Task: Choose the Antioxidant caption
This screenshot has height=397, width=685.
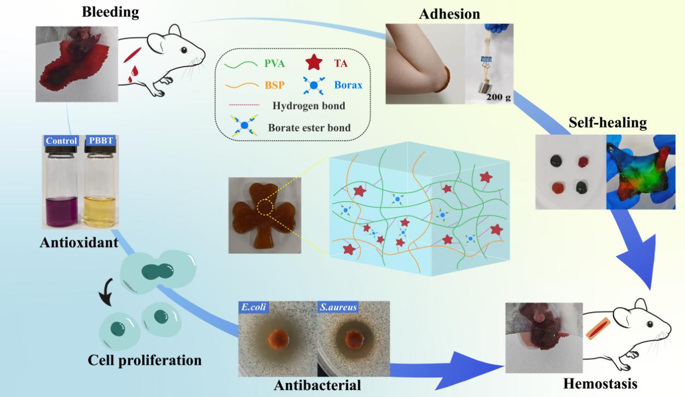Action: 79,242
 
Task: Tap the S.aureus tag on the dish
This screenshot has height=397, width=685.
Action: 337,308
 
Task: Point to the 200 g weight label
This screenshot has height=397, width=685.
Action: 498,98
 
